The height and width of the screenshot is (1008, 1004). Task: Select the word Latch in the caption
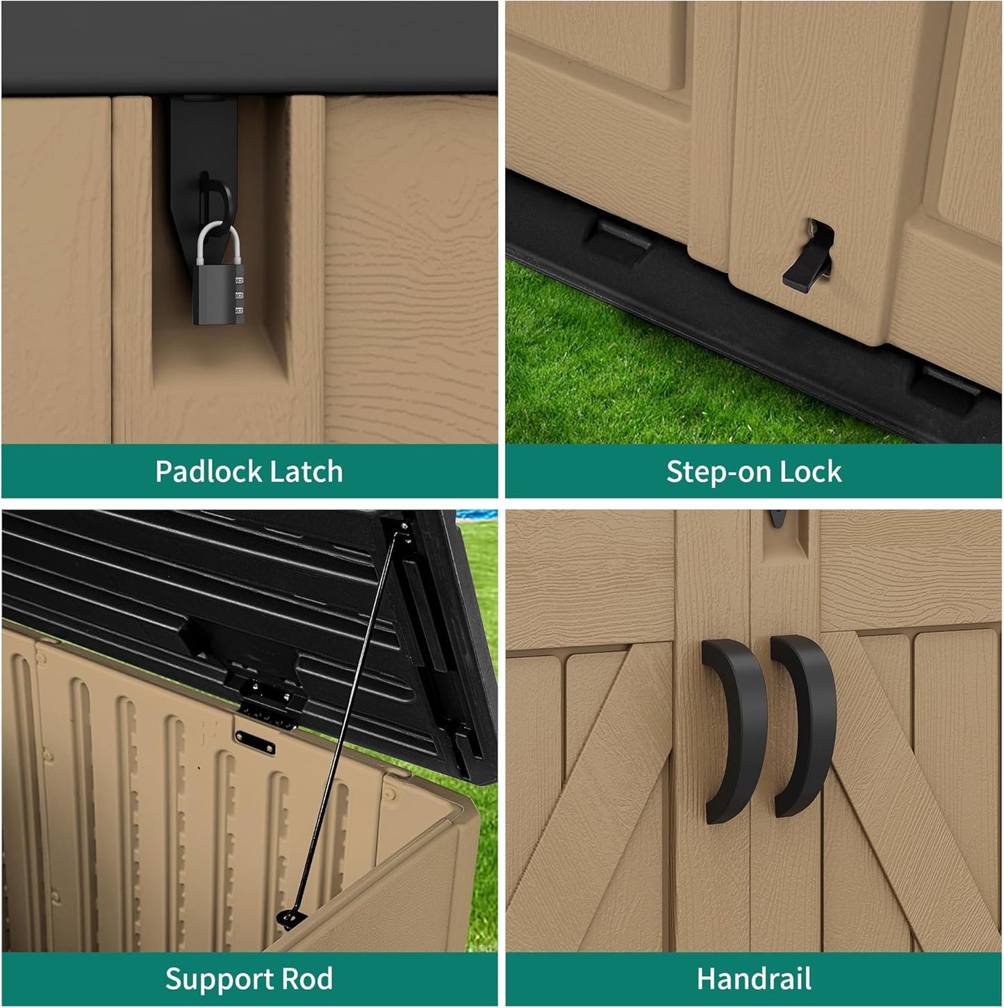(306, 472)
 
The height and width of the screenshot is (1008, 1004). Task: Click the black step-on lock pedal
(805, 268)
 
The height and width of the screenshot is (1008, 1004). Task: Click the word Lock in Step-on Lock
(810, 472)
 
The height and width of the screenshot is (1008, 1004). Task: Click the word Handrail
(754, 979)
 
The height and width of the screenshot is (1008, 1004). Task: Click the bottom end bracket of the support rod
(290, 918)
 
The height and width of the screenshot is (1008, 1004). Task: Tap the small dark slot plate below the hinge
(254, 742)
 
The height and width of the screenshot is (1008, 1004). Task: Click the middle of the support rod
(345, 726)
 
